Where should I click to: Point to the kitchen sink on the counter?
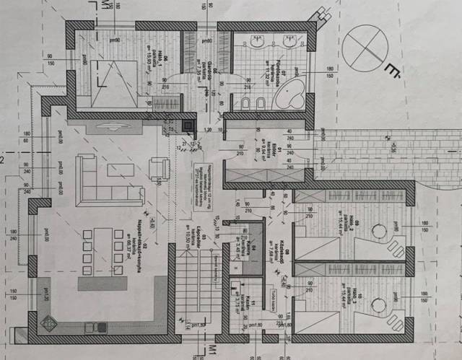click(x=95, y=327)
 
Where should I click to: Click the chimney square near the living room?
click(x=188, y=128)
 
